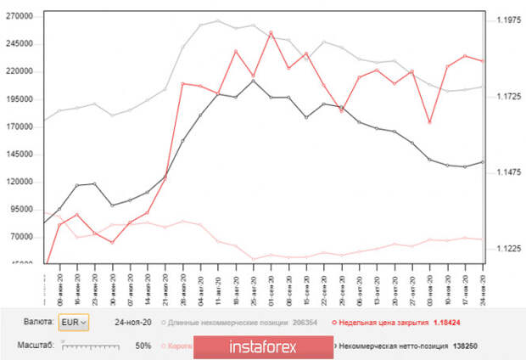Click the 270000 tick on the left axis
pos(19,16)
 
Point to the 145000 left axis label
pos(19,155)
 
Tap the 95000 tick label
pos(21,210)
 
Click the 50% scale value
pos(143,346)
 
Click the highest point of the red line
pos(270,33)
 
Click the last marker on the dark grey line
pos(484,161)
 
